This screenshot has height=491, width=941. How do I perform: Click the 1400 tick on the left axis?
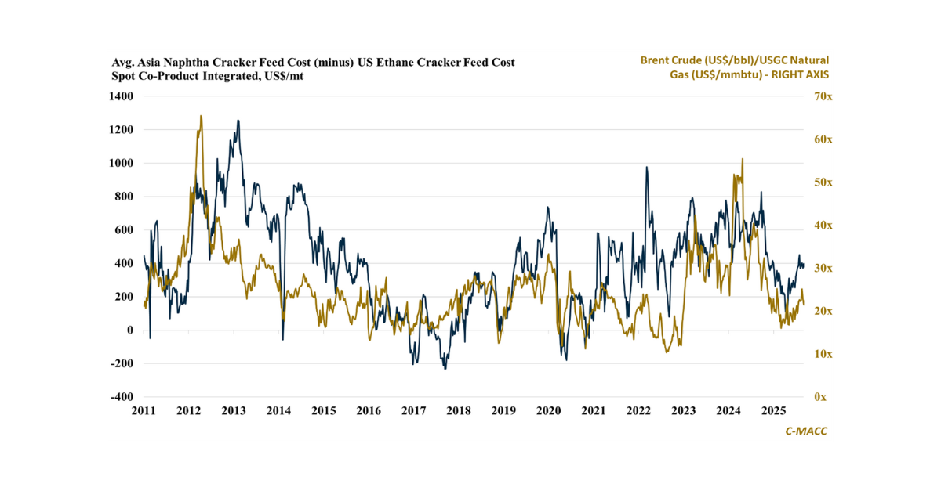coord(122,96)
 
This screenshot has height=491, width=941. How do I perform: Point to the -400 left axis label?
coord(122,397)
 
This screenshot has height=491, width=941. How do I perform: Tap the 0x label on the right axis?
coord(819,397)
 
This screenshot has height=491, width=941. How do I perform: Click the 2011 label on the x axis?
coord(144,411)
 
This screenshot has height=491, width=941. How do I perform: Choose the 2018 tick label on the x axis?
coord(459,411)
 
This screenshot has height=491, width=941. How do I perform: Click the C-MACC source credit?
coord(806,431)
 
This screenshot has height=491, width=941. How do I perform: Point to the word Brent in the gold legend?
coord(656,60)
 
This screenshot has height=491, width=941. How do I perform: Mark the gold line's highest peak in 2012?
coord(201,116)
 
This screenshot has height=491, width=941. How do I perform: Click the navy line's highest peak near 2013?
coord(238,121)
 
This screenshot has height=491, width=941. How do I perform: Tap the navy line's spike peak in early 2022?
coord(647,167)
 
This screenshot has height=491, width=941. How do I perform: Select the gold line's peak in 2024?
coord(742,159)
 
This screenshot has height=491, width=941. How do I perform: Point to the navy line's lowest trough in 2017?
coord(445,368)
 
